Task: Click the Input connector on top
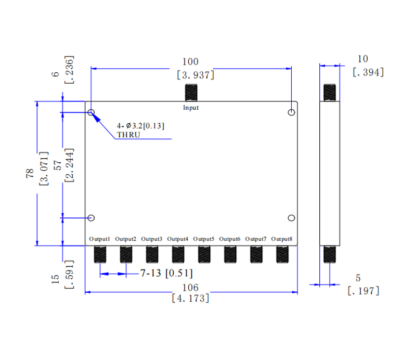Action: coord(191,93)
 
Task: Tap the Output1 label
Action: coord(100,239)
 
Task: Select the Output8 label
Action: coord(282,239)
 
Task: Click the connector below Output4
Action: coord(178,254)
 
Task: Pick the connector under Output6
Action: coord(230,254)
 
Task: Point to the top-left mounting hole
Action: coord(92,112)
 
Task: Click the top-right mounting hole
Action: coord(292,112)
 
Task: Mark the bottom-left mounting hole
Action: coord(92,217)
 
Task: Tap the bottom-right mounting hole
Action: coord(292,217)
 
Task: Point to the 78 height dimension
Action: coord(30,173)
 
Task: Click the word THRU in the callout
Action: coord(129,135)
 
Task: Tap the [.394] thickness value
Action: coord(368,72)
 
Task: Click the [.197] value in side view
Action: coord(363,291)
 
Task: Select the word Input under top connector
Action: coord(190,108)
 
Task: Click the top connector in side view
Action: coord(330,93)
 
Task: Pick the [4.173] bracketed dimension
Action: coord(190,298)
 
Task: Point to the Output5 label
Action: coord(204,239)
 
